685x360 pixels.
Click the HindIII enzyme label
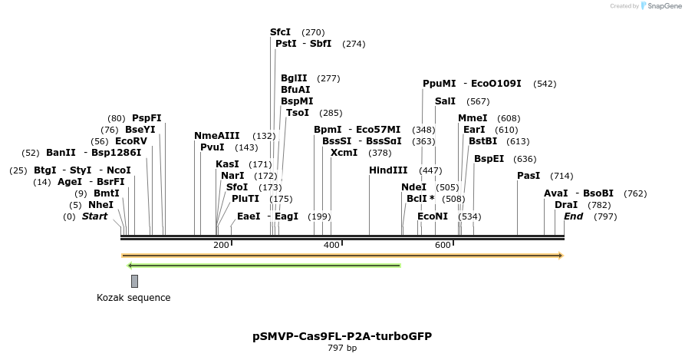[388, 170]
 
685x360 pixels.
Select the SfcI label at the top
[280, 32]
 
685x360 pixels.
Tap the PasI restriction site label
[529, 176]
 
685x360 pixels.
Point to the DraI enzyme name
[566, 205]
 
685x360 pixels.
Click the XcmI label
[344, 153]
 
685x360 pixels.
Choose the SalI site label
[445, 101]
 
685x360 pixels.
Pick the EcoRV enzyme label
[130, 141]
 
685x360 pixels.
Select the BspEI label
[489, 159]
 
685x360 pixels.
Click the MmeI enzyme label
[473, 118]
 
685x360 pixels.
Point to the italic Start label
[95, 216]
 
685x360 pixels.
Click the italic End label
[573, 216]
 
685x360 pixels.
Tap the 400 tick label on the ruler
[332, 245]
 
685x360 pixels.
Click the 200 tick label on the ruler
[221, 245]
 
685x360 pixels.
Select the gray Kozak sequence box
[134, 281]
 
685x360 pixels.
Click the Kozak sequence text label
[133, 298]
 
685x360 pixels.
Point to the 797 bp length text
[341, 348]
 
